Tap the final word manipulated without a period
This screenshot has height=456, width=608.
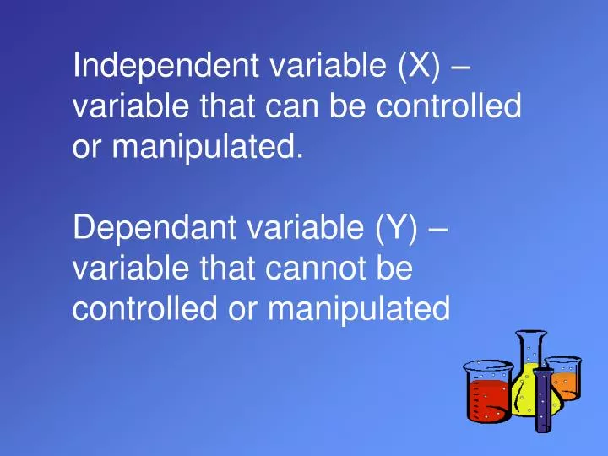coord(357,309)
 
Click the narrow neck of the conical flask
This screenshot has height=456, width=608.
coord(529,350)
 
